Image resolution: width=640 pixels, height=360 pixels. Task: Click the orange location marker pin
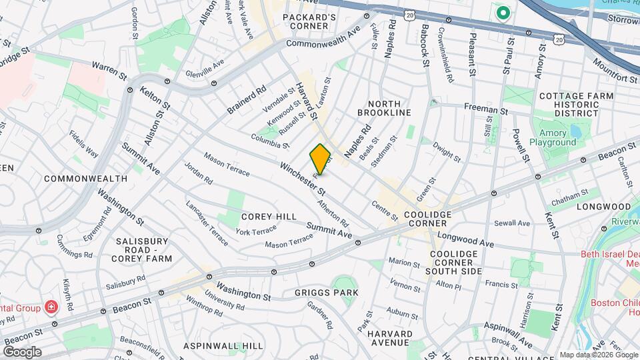tap(321, 159)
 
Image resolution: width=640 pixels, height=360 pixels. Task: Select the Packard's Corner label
tap(309, 21)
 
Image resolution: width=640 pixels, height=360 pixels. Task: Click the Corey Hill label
tap(268, 217)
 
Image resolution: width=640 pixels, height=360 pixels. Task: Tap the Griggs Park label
tap(326, 293)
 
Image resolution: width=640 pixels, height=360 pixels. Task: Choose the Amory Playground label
tap(552, 137)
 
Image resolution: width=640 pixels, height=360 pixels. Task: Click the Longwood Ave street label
tap(466, 239)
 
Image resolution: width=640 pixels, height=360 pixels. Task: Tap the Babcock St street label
tap(425, 45)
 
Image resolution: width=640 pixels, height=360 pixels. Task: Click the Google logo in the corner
tap(22, 351)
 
